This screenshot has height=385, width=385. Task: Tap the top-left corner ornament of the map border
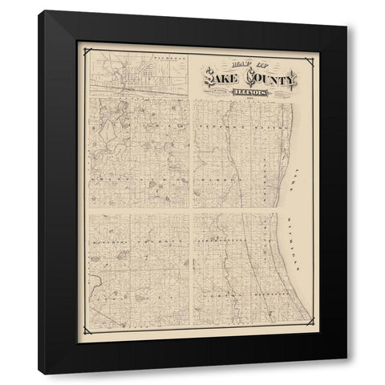(84, 48)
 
